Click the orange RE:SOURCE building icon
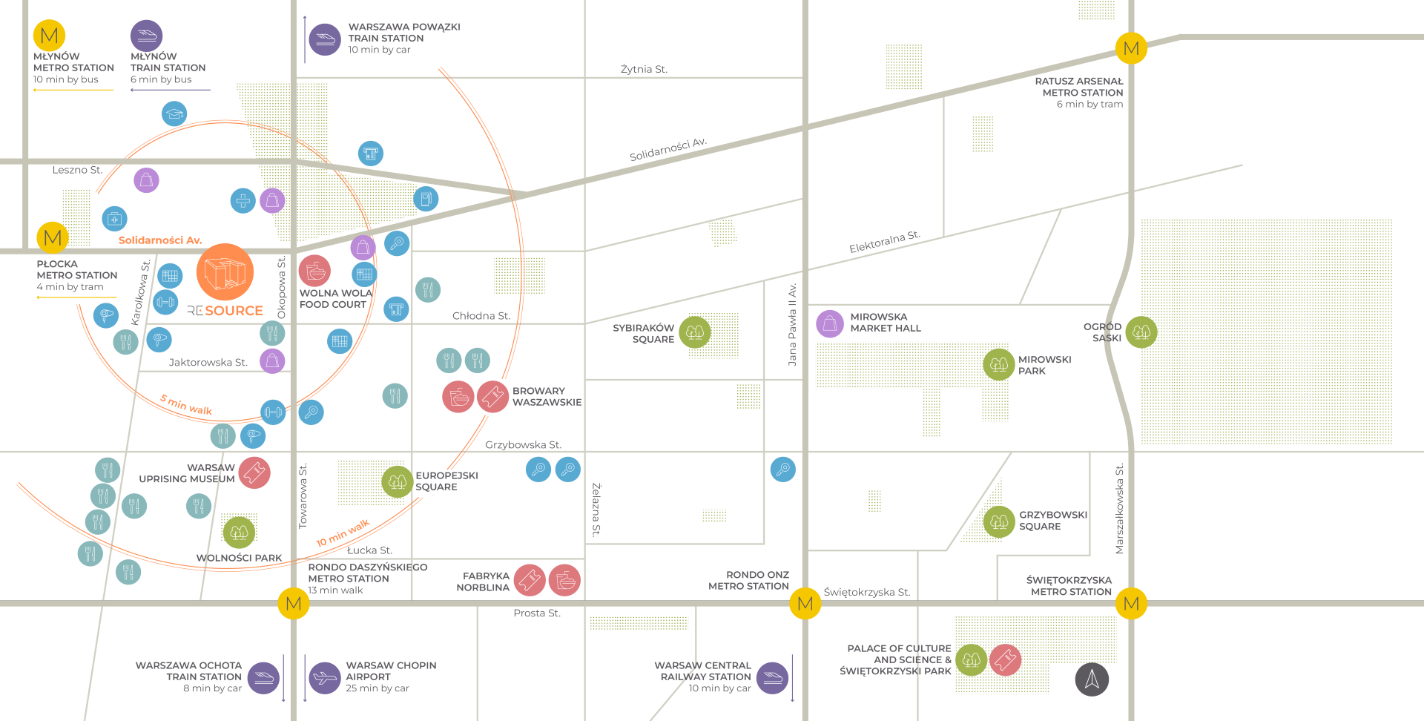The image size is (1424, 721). tap(225, 272)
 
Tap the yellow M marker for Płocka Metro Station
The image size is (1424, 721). tap(53, 238)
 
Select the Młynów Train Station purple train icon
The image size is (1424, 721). tap(146, 36)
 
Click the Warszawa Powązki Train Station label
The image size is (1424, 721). tap(403, 38)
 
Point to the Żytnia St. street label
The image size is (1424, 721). tap(644, 69)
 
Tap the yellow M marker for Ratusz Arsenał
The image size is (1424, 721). tap(1131, 49)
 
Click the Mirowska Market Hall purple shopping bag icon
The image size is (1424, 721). tap(830, 323)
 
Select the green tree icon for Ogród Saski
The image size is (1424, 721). tap(1141, 332)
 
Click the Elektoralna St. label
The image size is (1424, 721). tap(884, 242)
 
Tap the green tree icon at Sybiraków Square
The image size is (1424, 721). tap(695, 332)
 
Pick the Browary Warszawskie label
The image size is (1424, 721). tap(547, 396)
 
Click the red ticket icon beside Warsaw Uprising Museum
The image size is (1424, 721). tap(254, 473)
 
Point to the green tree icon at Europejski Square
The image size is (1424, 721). tap(398, 481)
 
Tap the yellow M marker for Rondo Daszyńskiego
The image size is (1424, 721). tap(294, 604)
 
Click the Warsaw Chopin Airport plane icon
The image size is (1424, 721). tap(324, 677)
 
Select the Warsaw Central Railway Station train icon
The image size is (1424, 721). tap(772, 677)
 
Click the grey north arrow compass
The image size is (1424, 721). tap(1092, 679)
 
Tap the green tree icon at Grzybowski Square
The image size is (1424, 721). tap(998, 521)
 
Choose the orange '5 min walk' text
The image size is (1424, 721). tap(186, 405)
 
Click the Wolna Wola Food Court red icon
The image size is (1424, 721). tap(315, 271)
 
